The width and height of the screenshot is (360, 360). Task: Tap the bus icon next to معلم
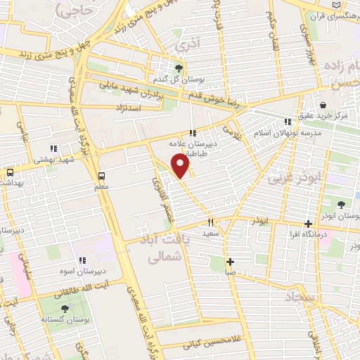[102, 176]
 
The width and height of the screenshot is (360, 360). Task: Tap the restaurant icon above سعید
[210, 221]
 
